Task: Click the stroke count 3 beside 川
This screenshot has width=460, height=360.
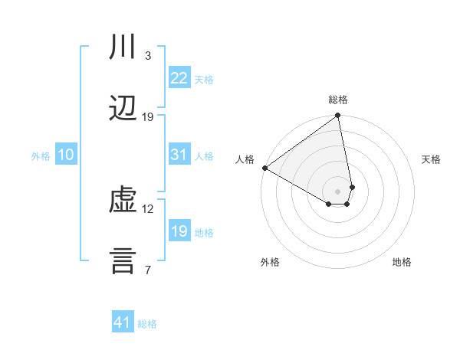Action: click(148, 56)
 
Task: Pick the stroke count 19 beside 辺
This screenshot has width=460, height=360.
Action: click(148, 117)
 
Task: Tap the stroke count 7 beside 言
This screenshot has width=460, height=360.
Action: click(148, 270)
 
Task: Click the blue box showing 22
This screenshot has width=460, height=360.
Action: click(179, 78)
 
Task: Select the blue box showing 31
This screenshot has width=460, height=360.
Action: click(179, 155)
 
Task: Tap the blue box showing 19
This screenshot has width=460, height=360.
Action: click(179, 231)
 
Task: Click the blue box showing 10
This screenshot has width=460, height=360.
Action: click(66, 155)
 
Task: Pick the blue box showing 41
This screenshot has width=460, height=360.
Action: click(123, 322)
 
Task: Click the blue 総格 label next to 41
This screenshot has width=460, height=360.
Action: click(147, 324)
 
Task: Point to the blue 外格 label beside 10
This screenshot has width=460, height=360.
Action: click(41, 156)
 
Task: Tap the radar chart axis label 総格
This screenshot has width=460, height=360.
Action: click(338, 100)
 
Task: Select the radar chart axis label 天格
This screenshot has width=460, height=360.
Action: click(432, 159)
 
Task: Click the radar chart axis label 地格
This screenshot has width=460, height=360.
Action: click(402, 263)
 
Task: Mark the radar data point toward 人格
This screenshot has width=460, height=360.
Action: click(264, 168)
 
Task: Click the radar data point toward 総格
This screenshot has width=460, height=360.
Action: click(337, 116)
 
